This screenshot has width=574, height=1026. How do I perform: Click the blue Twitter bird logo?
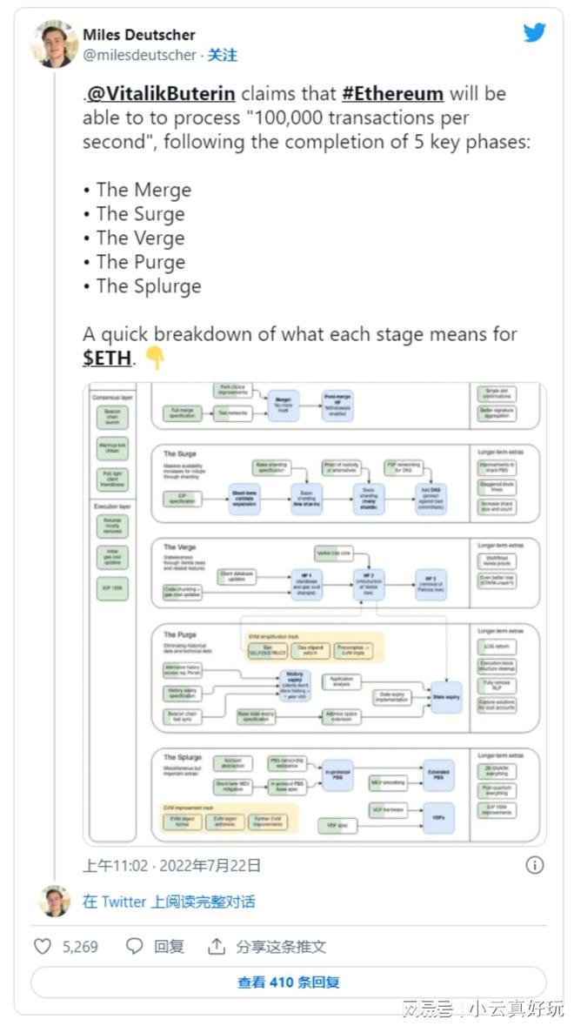[x=534, y=33]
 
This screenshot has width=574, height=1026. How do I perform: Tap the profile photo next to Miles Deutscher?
[x=54, y=44]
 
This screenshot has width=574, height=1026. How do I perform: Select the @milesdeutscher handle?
[x=140, y=55]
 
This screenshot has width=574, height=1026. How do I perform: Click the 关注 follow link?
[x=223, y=55]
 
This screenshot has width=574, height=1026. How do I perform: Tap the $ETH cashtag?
[x=107, y=358]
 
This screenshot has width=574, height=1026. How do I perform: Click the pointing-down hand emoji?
[x=154, y=357]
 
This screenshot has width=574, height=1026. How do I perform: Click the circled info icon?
[x=535, y=864]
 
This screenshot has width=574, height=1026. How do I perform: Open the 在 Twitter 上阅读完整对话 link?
[x=169, y=902]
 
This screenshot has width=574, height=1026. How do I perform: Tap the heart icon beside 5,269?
[x=43, y=946]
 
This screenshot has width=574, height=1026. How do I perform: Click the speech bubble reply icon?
[x=135, y=946]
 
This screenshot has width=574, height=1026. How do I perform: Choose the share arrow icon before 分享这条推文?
[x=217, y=946]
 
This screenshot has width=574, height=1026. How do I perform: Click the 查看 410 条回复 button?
[x=289, y=982]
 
